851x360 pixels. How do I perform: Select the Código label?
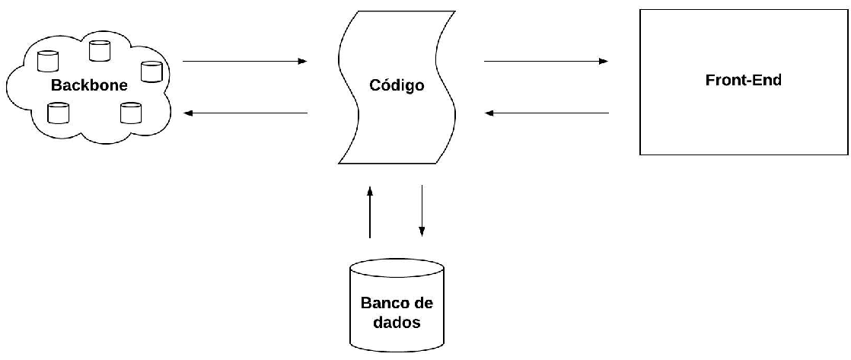tap(397, 85)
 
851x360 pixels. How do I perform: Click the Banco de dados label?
tap(397, 312)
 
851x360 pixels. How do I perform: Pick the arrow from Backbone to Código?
tap(245, 61)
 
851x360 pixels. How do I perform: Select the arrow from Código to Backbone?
tap(245, 113)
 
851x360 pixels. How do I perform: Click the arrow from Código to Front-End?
tap(546, 61)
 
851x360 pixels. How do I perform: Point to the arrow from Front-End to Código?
tap(547, 113)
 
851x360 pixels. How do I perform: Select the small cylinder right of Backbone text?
tap(151, 72)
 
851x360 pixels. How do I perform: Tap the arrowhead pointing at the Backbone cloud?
tap(189, 113)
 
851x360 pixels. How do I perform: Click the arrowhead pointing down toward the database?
tap(422, 231)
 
